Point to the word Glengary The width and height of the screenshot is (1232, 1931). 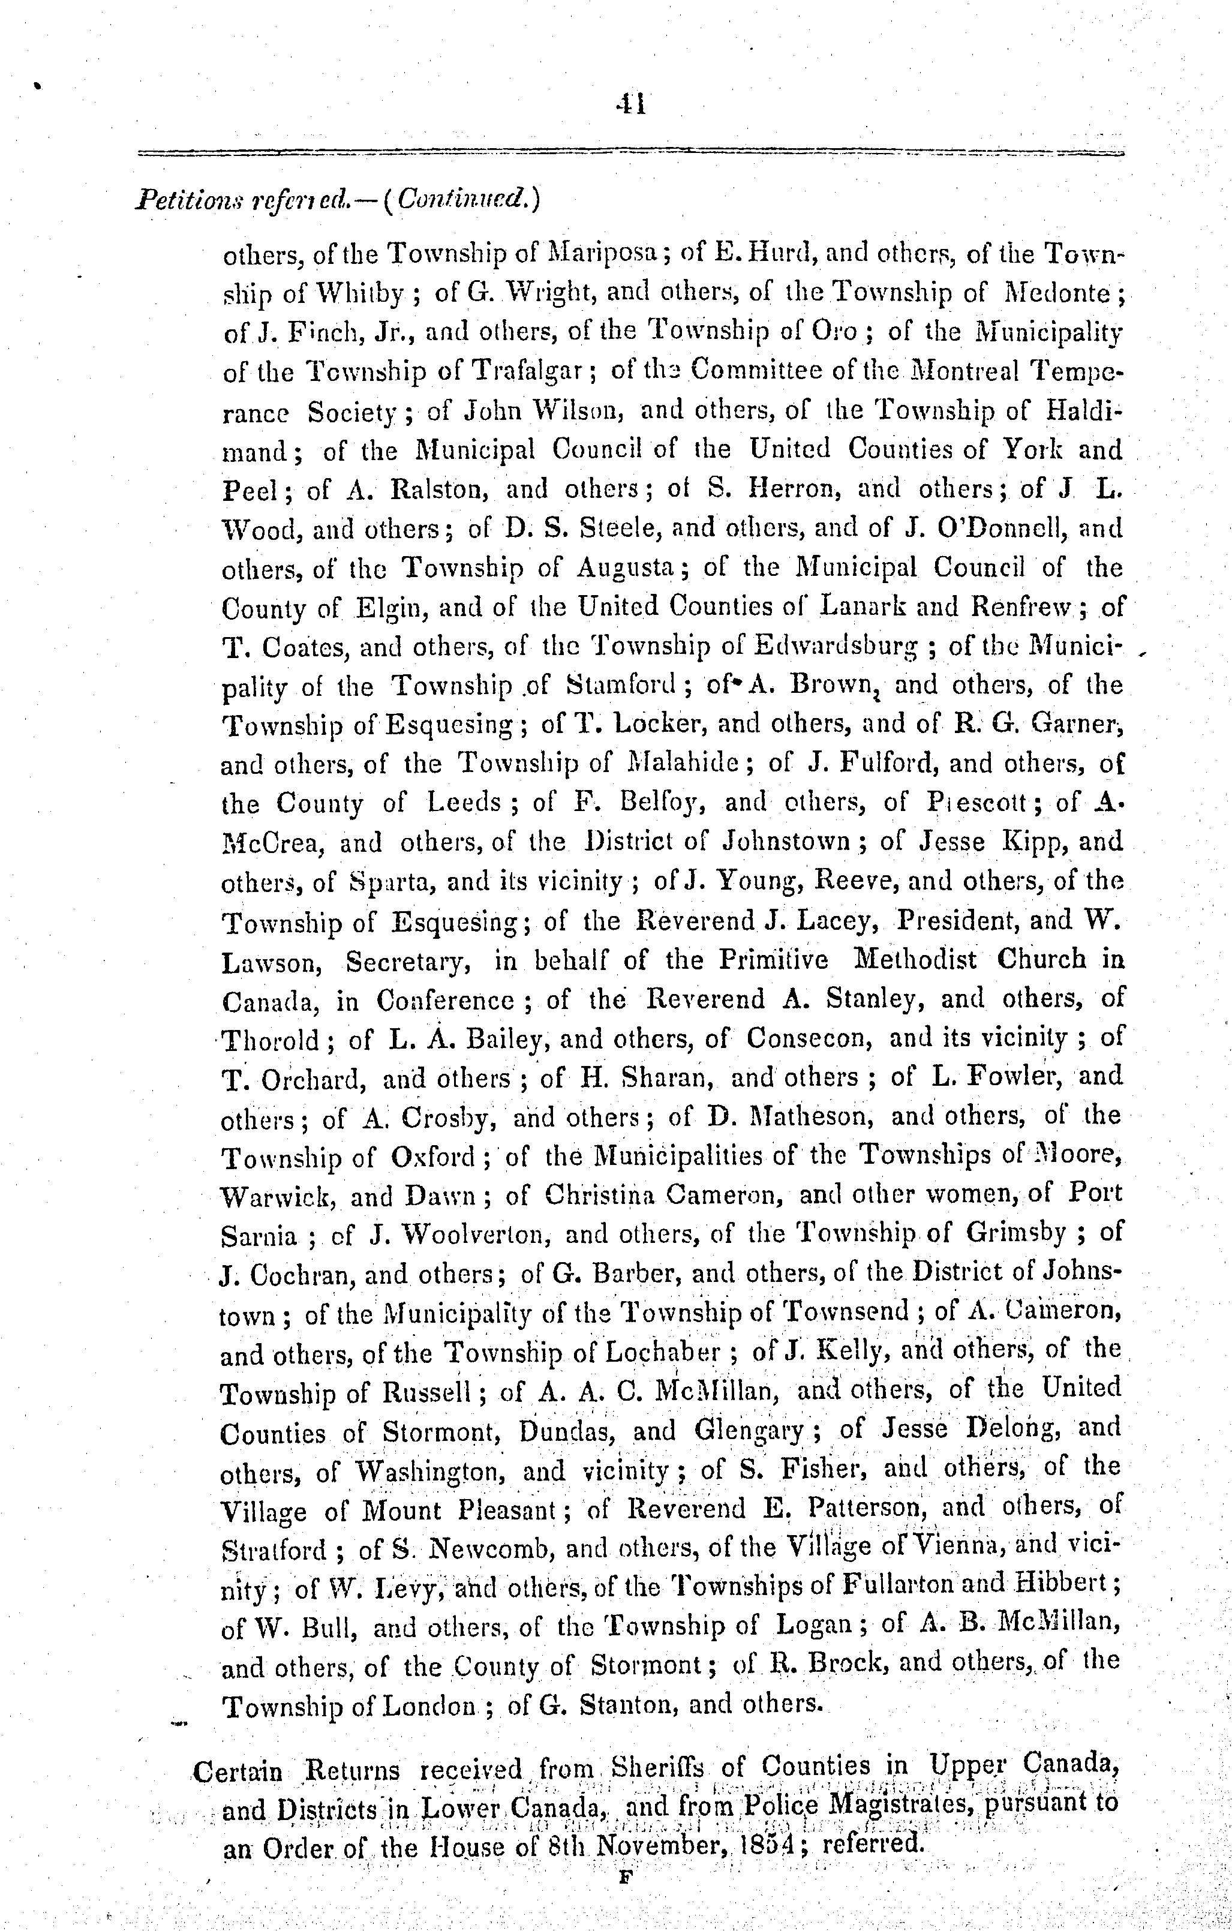point(750,1431)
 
